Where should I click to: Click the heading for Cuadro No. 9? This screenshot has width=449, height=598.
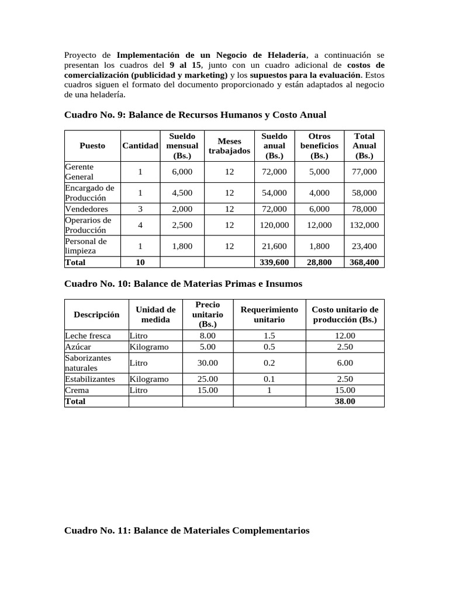pos(195,114)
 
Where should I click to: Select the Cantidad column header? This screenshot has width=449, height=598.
pos(140,145)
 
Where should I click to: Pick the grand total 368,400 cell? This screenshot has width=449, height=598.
pos(364,262)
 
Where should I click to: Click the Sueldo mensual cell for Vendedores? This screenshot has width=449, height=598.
pos(182,208)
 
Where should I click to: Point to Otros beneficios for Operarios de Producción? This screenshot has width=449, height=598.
pos(319,225)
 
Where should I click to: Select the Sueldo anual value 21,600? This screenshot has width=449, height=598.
pos(275,246)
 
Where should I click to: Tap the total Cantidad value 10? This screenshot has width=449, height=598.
pos(140,262)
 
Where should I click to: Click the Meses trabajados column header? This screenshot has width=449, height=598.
pos(229,145)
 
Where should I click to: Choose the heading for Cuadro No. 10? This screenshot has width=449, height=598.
pos(183,283)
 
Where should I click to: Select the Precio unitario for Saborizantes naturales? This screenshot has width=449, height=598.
pos(208,363)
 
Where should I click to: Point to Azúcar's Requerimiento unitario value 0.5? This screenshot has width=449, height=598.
pos(269,347)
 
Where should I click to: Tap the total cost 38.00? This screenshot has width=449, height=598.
pos(345,401)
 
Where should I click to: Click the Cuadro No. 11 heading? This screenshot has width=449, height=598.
pos(186,530)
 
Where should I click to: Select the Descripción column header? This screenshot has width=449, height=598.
pos(96,314)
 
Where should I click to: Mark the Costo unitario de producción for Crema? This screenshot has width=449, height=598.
pos(345,390)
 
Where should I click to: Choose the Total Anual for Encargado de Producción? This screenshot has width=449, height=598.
pos(364,193)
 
